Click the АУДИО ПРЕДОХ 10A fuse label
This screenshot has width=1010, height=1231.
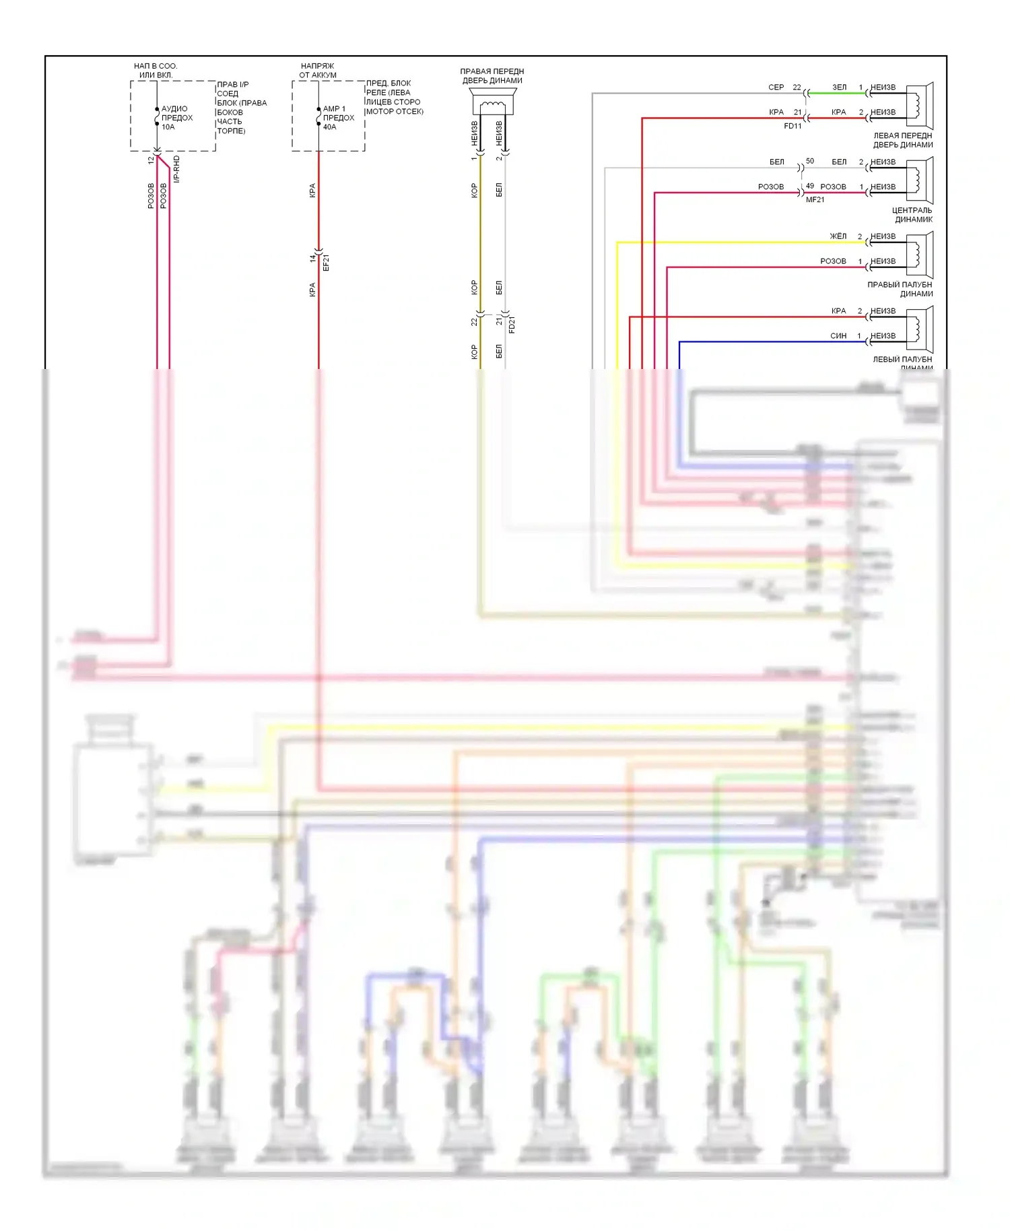[x=176, y=118]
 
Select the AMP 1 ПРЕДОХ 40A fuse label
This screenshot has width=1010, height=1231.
[x=338, y=118]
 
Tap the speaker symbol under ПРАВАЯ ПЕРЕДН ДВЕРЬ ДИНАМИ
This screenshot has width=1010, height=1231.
[x=492, y=105]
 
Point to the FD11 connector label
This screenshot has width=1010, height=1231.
[x=793, y=126]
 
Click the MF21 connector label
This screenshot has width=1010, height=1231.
[x=815, y=200]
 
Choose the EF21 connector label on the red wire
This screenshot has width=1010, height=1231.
[x=327, y=262]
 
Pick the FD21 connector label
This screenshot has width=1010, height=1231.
[x=512, y=325]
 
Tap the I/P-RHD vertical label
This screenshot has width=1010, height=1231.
[x=176, y=169]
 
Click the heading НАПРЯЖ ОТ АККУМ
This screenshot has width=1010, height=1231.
[x=318, y=71]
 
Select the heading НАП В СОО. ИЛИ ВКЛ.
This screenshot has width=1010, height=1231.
[x=156, y=71]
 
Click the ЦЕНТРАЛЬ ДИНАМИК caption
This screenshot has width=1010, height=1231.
[x=912, y=215]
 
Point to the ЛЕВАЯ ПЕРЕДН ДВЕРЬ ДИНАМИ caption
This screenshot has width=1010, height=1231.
[x=903, y=140]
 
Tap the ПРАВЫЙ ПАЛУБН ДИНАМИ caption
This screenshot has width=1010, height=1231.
[x=900, y=290]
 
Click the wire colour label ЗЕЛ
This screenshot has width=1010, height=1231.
[x=839, y=88]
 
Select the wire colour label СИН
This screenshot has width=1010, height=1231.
[x=838, y=336]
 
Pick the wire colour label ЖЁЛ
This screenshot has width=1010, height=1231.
[x=838, y=236]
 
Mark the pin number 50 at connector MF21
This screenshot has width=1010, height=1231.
[x=810, y=162]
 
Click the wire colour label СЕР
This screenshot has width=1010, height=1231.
[x=776, y=88]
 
